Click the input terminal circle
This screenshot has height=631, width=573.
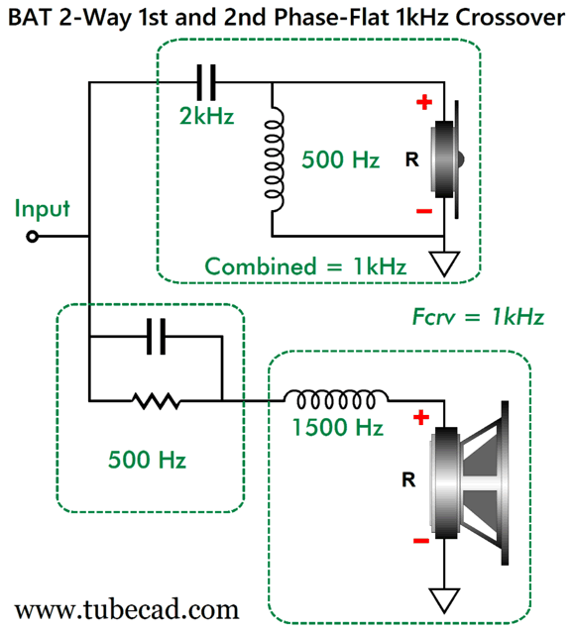point(32,236)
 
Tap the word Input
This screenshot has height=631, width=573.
point(42,209)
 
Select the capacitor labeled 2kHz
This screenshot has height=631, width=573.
point(206,82)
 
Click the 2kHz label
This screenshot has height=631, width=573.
point(206,116)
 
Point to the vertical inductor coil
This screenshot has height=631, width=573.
point(274,158)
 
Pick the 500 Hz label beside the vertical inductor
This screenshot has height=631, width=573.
point(341,159)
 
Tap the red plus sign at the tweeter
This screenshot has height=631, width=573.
point(424,102)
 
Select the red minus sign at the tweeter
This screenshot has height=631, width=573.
point(424,211)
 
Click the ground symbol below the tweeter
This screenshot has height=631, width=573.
point(444,263)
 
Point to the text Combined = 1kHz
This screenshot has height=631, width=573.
point(305,266)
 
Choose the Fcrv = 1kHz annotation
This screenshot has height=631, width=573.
point(478,317)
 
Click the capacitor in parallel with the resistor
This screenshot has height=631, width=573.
point(156,336)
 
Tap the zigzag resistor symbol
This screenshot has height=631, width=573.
point(156,401)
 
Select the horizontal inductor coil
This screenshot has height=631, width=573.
point(336,400)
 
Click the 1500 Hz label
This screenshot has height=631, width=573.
point(337,427)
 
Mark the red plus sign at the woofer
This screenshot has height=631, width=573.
point(421,417)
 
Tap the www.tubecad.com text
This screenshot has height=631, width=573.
point(127,609)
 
